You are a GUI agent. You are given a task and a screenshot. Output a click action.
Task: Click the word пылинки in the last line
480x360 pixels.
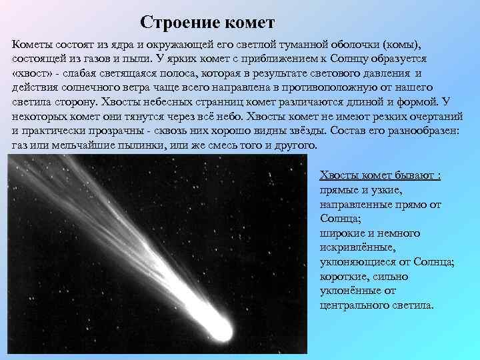click(x=146, y=146)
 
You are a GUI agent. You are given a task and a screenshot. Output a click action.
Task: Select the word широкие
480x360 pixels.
click(x=344, y=233)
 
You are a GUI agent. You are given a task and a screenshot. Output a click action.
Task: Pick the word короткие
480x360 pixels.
click(x=345, y=277)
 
